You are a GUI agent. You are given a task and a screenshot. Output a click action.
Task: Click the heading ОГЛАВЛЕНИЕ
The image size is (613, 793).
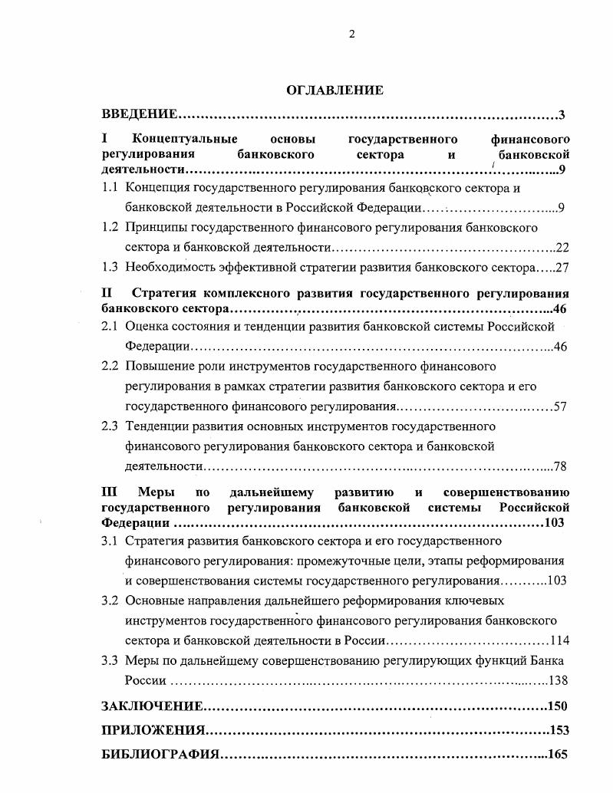click(x=335, y=90)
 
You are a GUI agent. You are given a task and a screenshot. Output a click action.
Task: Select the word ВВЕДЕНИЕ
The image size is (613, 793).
click(x=140, y=115)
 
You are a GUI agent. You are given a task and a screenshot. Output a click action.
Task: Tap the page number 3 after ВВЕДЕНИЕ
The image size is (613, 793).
click(x=562, y=115)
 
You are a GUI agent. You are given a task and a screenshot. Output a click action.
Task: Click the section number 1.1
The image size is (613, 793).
click(x=110, y=187)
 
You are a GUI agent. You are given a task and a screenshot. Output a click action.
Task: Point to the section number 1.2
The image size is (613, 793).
click(x=110, y=227)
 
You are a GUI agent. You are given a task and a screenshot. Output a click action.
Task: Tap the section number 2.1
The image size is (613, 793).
click(x=110, y=327)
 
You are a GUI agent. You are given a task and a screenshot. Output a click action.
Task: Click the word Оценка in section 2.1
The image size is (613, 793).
click(x=147, y=327)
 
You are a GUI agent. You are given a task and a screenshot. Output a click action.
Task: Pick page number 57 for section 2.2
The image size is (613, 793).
click(x=559, y=406)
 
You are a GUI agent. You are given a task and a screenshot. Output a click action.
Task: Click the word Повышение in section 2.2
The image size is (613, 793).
click(x=159, y=367)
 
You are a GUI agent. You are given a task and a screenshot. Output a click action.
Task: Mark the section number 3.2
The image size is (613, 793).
click(x=110, y=600)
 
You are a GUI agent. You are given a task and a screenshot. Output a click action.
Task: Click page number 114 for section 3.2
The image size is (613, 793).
click(x=557, y=640)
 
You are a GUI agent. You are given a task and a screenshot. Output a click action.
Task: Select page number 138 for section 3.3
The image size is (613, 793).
click(x=557, y=680)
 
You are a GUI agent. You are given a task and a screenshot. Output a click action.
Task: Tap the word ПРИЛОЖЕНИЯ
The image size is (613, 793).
click(x=153, y=730)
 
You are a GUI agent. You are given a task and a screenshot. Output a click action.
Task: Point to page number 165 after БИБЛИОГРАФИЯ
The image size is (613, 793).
click(x=558, y=755)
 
